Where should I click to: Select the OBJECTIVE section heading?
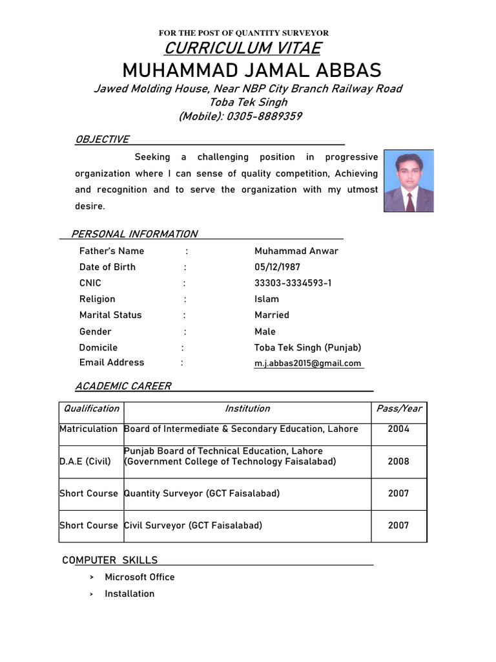102,140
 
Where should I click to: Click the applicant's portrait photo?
409,181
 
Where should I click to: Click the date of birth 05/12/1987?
277,267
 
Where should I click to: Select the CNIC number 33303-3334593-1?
293,283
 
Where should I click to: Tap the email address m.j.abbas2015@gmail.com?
307,363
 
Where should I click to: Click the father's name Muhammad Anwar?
296,251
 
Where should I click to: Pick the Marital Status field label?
110,315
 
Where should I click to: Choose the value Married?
272,315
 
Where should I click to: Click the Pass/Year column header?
398,409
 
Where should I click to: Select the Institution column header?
247,409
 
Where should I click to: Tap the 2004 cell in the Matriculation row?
398,429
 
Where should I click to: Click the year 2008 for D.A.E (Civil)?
398,462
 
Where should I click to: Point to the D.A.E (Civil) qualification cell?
85,462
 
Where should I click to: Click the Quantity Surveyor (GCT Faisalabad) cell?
202,493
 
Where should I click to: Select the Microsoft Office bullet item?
139,577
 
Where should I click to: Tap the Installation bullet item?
129,593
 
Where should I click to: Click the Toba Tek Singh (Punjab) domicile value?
307,347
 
